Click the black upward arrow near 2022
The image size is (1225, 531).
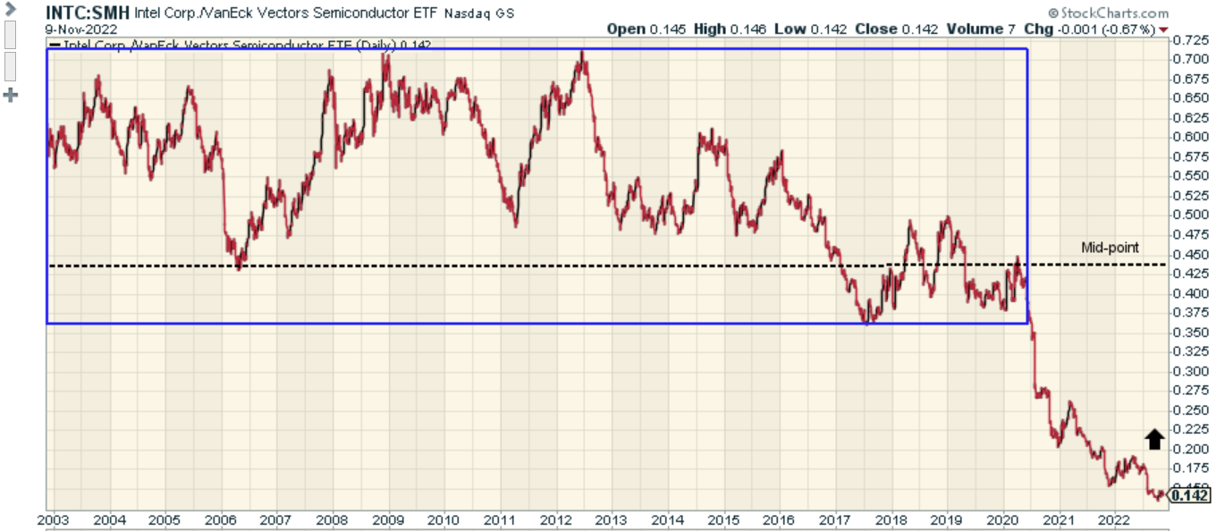click(x=1154, y=438)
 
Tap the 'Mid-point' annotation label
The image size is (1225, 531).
click(x=1111, y=248)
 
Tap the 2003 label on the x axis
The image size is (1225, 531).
click(x=53, y=520)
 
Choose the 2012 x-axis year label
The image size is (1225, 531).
click(x=555, y=520)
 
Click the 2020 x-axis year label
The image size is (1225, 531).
click(x=1002, y=520)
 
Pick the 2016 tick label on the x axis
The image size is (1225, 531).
click(x=779, y=520)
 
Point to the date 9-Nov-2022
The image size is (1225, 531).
click(x=81, y=29)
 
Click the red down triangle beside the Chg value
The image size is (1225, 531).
click(x=1163, y=29)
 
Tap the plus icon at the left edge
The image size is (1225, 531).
click(x=12, y=95)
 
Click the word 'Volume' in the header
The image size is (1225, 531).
click(x=974, y=29)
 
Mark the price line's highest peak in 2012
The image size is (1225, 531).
click(x=582, y=53)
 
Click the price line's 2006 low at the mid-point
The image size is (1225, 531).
click(x=239, y=265)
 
